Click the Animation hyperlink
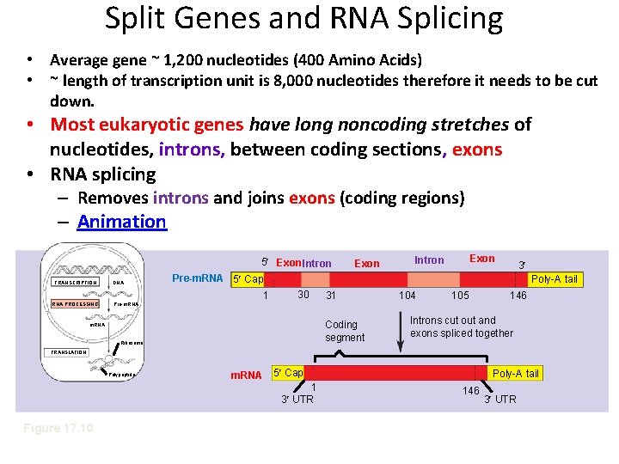[121, 222]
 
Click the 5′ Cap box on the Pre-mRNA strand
[248, 279]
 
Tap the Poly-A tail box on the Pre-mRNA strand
[555, 279]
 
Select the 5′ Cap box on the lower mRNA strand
[287, 373]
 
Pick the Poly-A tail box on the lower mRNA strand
[516, 373]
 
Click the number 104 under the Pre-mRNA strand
[408, 296]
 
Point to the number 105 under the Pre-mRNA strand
[460, 296]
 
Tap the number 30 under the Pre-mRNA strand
[303, 295]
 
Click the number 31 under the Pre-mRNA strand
[329, 296]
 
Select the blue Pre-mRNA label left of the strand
[198, 278]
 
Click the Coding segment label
[345, 331]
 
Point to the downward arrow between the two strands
[398, 331]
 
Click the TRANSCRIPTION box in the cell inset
[75, 282]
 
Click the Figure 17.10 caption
[59, 428]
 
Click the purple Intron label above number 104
[429, 259]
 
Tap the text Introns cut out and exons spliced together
[462, 327]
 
